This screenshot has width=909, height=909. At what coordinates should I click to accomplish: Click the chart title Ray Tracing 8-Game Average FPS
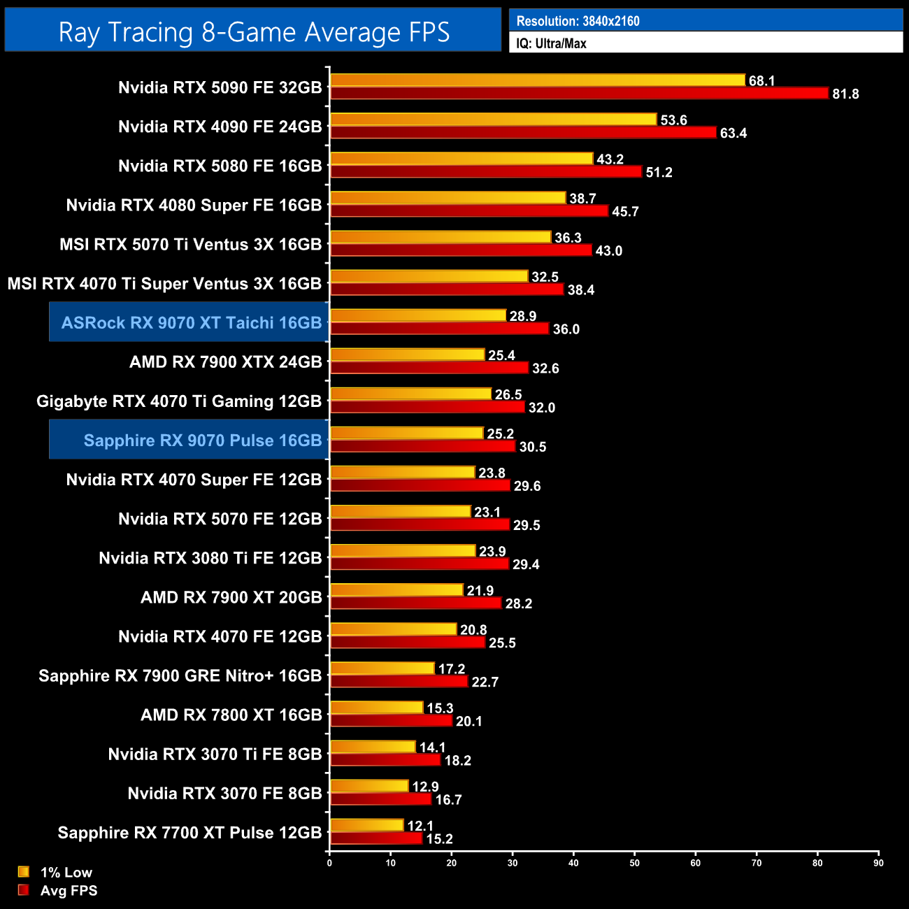[x=254, y=32]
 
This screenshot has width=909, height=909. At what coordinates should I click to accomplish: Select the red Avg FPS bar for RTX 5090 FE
[x=579, y=93]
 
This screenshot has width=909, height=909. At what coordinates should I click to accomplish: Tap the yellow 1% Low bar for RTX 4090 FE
[x=493, y=120]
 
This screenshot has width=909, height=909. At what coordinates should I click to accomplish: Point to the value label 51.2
[x=659, y=172]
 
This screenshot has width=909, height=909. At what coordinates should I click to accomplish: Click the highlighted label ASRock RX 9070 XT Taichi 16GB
[x=192, y=322]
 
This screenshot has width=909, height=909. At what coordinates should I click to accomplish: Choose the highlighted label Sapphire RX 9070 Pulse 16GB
[x=203, y=441]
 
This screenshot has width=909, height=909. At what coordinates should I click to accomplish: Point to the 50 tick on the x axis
[x=634, y=863]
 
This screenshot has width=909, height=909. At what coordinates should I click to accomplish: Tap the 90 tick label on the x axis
[x=878, y=863]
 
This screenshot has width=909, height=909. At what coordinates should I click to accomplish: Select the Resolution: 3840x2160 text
[x=578, y=21]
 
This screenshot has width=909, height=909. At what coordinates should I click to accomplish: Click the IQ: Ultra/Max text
[x=551, y=43]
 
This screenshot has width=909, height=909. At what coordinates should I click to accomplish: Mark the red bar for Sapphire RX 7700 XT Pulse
[x=376, y=838]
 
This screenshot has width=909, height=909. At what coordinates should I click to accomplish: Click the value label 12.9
[x=425, y=787]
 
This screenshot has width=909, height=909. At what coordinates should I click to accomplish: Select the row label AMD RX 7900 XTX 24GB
[x=225, y=362]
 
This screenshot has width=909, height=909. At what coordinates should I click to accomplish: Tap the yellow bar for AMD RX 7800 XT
[x=376, y=708]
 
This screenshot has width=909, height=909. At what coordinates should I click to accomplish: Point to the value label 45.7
[x=625, y=211]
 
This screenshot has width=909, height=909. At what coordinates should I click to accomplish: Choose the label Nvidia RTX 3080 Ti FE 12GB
[x=210, y=558]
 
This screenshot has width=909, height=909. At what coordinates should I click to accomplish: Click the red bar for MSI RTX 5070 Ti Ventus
[x=461, y=250]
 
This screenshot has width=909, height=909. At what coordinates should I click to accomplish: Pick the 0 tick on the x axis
[x=329, y=863]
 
